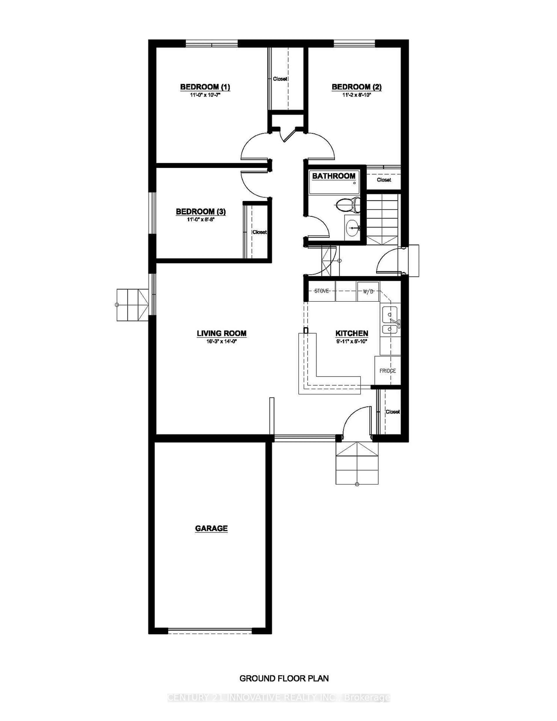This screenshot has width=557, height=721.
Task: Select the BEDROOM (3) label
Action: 201,211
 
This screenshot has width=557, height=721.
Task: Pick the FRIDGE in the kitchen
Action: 388,370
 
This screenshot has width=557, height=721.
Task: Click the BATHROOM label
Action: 334,176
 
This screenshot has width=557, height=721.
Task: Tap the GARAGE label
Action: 211,528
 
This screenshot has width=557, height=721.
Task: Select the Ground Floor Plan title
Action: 284,678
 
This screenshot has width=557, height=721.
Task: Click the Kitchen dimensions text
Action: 352,342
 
